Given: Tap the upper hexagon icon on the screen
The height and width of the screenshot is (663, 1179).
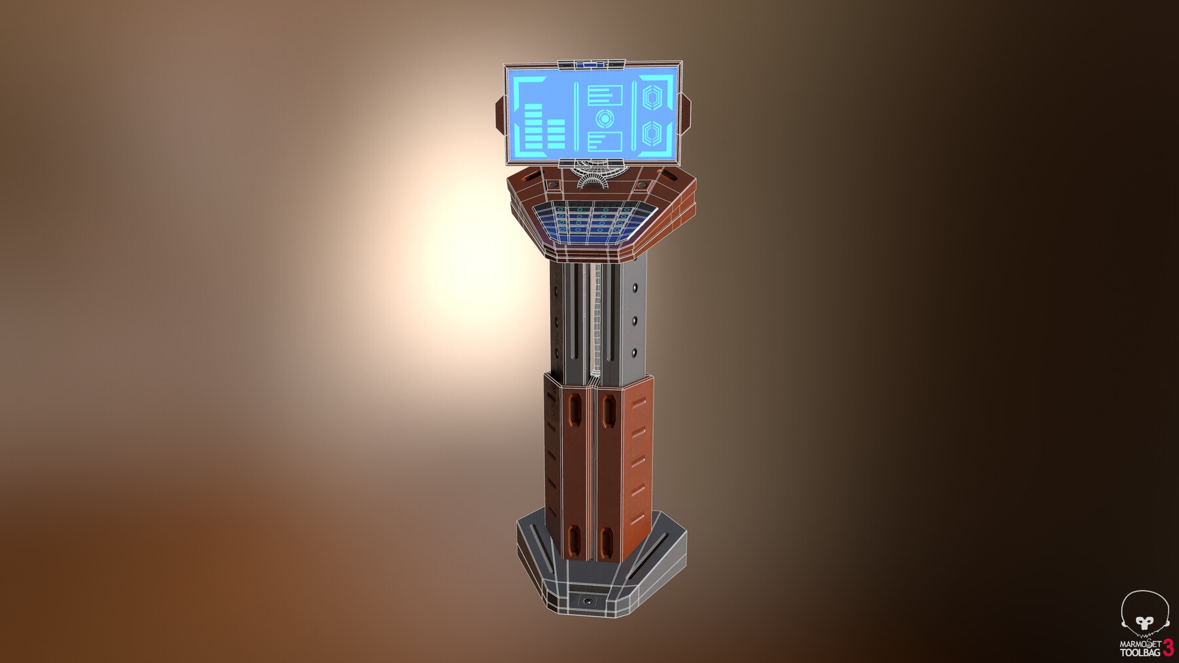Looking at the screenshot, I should click(652, 99).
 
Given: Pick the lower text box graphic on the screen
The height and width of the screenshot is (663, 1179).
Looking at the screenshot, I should click(604, 142).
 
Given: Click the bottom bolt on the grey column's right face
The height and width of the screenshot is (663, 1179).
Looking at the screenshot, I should click(634, 353).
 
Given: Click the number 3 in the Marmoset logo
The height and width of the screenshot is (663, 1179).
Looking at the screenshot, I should click(1169, 647).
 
